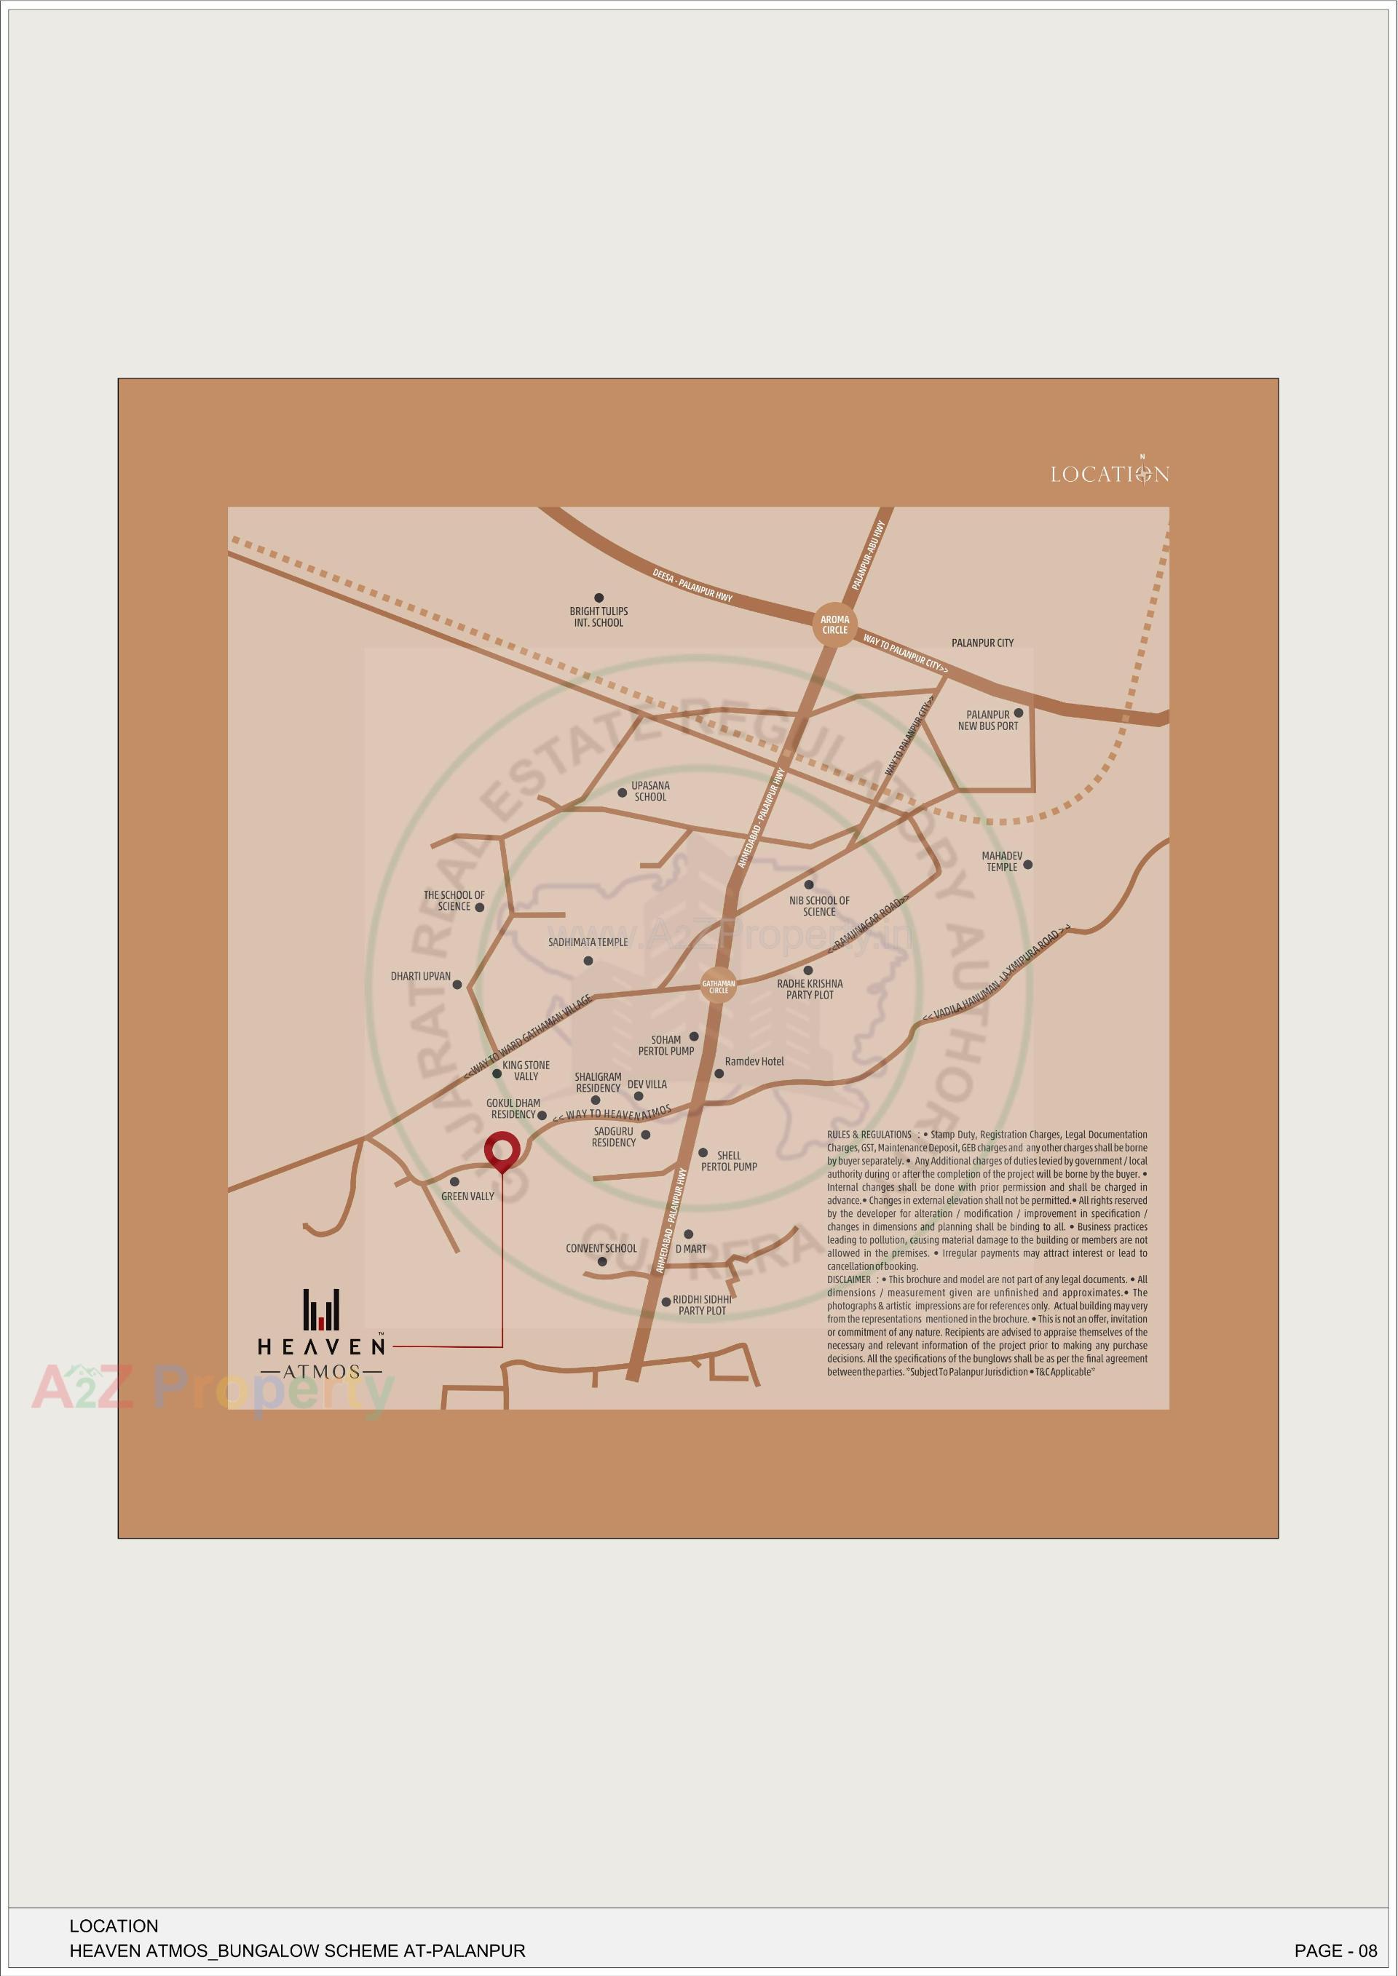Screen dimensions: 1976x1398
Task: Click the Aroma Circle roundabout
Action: tap(834, 624)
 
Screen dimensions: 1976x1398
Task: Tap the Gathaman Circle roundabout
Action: tap(718, 986)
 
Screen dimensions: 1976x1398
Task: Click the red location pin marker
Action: tap(501, 1151)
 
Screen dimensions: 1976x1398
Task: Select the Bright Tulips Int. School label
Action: tap(599, 616)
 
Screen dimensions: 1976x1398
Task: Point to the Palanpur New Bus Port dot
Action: tap(1019, 713)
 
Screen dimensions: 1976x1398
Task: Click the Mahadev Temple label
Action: tap(1001, 862)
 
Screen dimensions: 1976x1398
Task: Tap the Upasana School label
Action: tap(650, 791)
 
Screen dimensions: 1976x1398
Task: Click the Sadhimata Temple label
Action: tap(588, 943)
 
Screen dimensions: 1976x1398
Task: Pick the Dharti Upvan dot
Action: tap(457, 985)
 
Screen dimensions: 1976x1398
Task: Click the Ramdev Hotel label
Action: tap(754, 1061)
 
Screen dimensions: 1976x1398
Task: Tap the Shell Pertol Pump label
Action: tap(728, 1161)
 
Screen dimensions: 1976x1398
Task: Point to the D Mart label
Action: tap(690, 1248)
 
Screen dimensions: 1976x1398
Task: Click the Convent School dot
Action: tap(601, 1262)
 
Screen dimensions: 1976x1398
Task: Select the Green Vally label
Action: tap(467, 1197)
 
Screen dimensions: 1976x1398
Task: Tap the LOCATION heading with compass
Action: tap(1109, 472)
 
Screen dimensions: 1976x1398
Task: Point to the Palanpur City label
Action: tap(982, 643)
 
